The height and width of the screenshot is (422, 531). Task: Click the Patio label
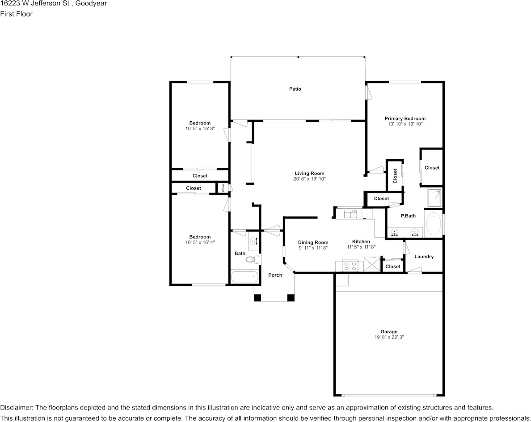[x=295, y=89]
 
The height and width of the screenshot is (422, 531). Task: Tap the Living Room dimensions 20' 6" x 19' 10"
[x=309, y=179]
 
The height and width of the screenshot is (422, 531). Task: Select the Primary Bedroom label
[x=405, y=118]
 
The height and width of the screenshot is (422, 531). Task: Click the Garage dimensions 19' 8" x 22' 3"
[x=389, y=337]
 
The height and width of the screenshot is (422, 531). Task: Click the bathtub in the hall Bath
[x=244, y=277]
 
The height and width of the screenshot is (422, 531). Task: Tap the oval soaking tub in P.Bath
[x=433, y=223]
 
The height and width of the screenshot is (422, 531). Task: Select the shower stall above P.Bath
[x=434, y=197]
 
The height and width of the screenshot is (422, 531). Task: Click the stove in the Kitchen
[x=349, y=266]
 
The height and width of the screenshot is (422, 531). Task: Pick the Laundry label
[x=424, y=257]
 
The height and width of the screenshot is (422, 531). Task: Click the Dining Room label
[x=313, y=243]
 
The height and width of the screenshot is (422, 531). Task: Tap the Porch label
[x=275, y=275]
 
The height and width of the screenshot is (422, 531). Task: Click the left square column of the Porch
[x=257, y=298]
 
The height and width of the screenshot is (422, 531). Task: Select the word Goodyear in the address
[x=91, y=4]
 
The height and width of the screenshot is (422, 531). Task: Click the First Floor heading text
[x=16, y=14]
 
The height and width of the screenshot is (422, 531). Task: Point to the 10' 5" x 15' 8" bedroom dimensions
[x=200, y=128]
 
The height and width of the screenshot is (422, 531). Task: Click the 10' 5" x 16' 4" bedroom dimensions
[x=200, y=242]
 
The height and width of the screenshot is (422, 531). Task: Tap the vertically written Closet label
[x=395, y=176]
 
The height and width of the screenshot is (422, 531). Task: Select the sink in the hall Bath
[x=254, y=241]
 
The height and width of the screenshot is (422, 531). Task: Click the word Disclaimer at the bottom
[x=16, y=408]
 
